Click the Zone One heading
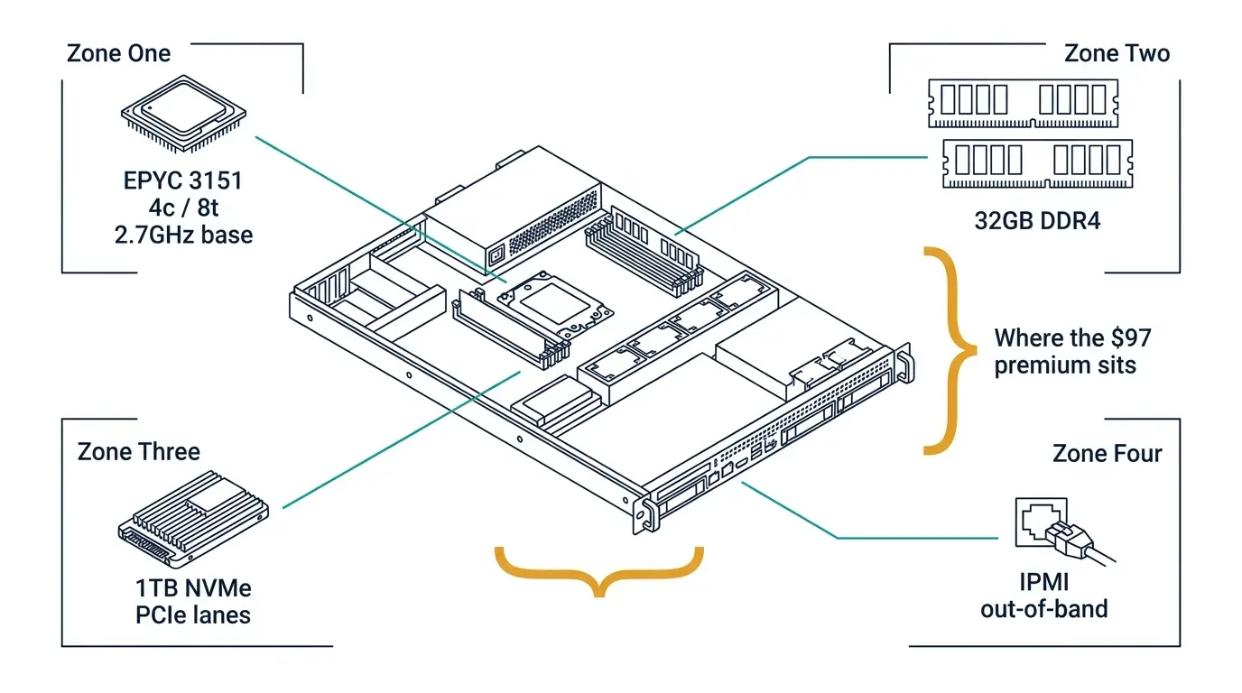pos(118,54)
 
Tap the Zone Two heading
pos(1117,54)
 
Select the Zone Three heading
pos(139,452)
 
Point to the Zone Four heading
pos(1107,454)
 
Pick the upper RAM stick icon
pos(1024,103)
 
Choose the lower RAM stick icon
pos(1038,163)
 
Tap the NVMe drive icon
pos(193,519)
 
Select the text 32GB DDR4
pos(1037,221)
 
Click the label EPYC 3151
pos(183,180)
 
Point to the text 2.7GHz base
pos(183,236)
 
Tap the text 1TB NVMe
pos(193,588)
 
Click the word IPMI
pos(1044,582)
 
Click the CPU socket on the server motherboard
pos(555,305)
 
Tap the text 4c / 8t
pos(183,208)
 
